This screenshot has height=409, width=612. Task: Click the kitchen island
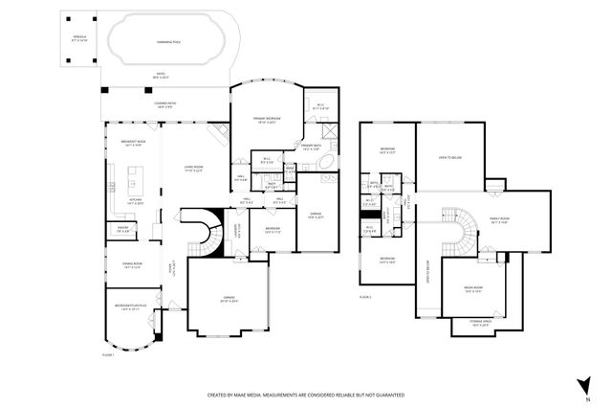[x=131, y=179]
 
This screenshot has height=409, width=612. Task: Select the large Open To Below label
[x=448, y=158]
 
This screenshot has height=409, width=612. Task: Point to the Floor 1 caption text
[x=108, y=354]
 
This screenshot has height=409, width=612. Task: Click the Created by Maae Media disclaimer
[x=305, y=395]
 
